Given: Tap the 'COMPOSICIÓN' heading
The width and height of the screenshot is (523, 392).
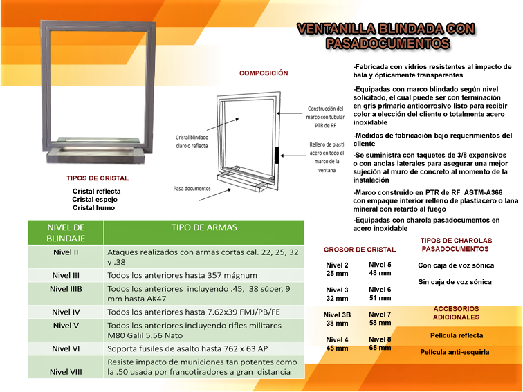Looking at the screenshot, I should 264,73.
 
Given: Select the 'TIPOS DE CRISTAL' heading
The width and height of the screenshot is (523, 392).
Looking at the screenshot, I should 98,178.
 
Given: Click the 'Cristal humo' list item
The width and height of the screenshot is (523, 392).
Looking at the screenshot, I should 93,207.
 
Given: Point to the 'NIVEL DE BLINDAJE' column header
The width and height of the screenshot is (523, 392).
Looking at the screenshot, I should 65,232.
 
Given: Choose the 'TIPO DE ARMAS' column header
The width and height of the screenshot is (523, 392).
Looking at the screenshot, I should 203,227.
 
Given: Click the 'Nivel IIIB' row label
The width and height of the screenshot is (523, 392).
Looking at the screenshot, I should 66,289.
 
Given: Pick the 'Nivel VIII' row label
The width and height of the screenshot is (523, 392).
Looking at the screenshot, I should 66,371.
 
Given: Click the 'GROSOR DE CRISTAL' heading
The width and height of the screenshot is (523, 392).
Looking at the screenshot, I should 360,250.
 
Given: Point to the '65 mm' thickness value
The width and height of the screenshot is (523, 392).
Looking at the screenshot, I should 380,348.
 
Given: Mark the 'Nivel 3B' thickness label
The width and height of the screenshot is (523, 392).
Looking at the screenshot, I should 338,315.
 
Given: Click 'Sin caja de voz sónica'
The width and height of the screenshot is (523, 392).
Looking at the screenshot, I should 455,282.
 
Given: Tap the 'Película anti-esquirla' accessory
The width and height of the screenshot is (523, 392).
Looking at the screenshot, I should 455,352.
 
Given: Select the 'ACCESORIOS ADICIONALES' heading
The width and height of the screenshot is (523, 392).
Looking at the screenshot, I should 456,312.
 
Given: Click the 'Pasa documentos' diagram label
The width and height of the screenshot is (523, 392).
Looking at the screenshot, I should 192,188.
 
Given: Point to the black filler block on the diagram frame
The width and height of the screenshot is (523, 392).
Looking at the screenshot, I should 277,155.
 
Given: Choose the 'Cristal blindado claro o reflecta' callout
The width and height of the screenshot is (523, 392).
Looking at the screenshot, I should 192,141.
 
